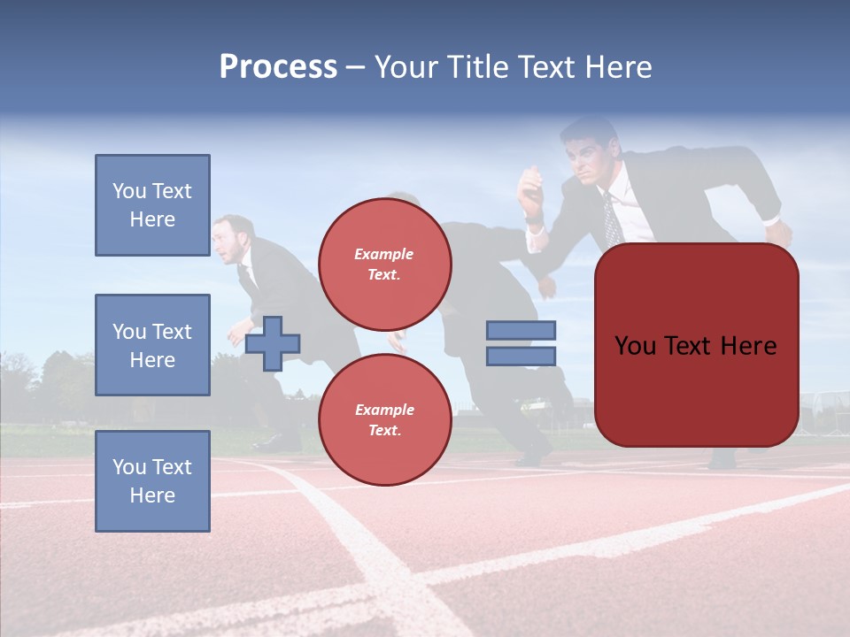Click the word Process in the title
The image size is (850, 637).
278,67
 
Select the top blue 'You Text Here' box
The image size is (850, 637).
152,205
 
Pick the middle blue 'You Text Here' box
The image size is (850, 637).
152,345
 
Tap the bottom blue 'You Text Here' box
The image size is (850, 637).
152,481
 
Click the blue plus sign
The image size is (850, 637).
273,342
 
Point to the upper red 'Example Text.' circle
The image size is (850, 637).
384,265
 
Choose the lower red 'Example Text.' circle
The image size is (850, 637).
384,420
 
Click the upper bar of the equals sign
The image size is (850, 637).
521,330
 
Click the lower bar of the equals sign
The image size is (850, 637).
521,357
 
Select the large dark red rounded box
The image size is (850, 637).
696,345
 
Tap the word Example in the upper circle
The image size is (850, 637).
384,254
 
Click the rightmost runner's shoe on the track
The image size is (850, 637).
722,460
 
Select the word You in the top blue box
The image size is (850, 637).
129,191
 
